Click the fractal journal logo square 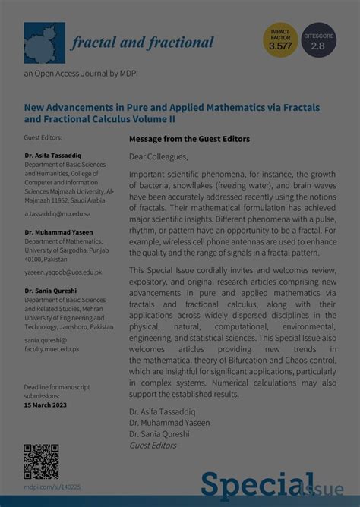click(x=44, y=43)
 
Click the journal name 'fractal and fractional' click(x=142, y=43)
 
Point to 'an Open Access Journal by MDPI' click(x=72, y=73)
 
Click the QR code click(x=41, y=461)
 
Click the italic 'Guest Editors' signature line click(x=152, y=446)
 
